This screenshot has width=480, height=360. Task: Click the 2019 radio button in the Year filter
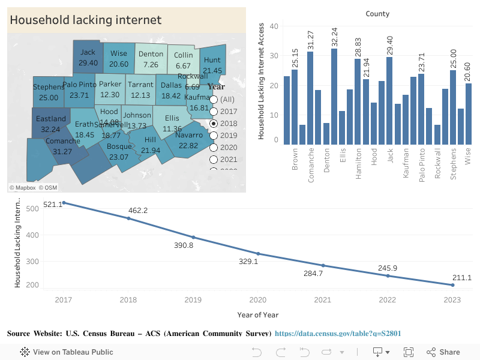click(213, 136)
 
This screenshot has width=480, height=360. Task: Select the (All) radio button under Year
click(213, 99)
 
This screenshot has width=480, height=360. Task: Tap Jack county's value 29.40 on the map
click(88, 63)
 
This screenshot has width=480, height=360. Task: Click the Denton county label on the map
click(151, 54)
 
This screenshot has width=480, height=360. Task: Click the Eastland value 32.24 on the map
click(50, 129)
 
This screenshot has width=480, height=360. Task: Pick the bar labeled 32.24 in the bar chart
click(334, 96)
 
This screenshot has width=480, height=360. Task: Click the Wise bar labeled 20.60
click(469, 113)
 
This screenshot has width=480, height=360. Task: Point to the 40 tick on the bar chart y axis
click(274, 26)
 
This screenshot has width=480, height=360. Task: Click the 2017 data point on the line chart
click(64, 203)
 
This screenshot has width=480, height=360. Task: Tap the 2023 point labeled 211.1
click(452, 285)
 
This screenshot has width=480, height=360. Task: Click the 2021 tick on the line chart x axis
click(323, 299)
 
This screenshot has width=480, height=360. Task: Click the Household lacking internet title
click(85, 20)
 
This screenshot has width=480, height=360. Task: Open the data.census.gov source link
click(338, 333)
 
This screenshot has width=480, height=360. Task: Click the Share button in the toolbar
click(443, 352)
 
